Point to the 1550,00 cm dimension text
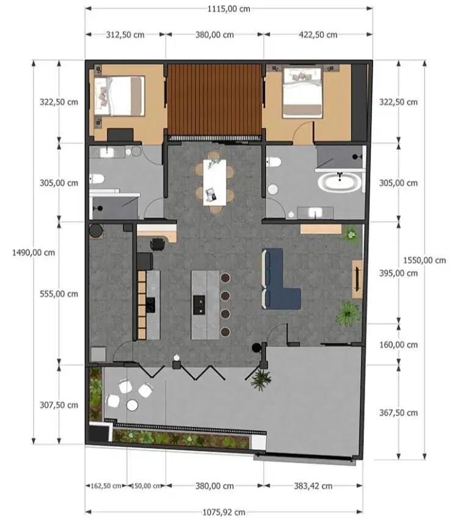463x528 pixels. [424, 260]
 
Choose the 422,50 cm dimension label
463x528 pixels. [318, 35]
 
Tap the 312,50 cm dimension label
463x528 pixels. [125, 35]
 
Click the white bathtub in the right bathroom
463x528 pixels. [338, 182]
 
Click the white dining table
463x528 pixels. [214, 181]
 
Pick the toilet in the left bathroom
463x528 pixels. [98, 179]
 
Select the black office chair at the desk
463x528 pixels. [157, 244]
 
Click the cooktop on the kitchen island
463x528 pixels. [199, 303]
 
